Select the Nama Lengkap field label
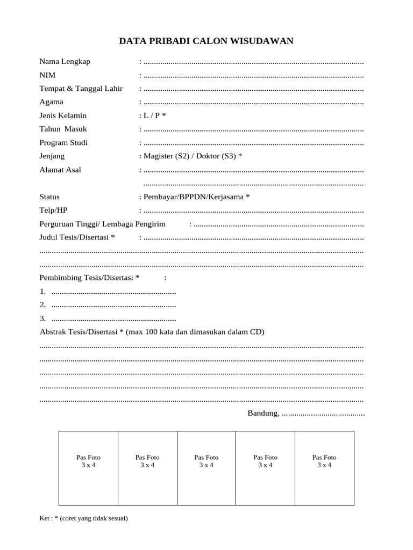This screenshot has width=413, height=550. click(65, 61)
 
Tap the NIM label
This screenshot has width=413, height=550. click(47, 75)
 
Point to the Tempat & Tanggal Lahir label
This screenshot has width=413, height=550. click(81, 89)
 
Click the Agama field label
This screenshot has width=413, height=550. click(51, 102)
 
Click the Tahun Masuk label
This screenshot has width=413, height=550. click(63, 129)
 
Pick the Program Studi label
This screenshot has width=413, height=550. click(63, 143)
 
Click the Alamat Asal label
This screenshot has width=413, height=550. click(60, 170)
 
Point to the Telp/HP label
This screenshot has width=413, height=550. click(54, 211)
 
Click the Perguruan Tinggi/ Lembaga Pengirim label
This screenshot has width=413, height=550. click(103, 224)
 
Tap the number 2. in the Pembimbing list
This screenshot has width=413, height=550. click(42, 305)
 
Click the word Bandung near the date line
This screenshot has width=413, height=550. click(263, 413)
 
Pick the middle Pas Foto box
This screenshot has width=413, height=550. click(206, 468)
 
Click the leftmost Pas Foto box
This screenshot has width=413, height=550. click(88, 468)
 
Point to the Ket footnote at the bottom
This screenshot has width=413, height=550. click(83, 519)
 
